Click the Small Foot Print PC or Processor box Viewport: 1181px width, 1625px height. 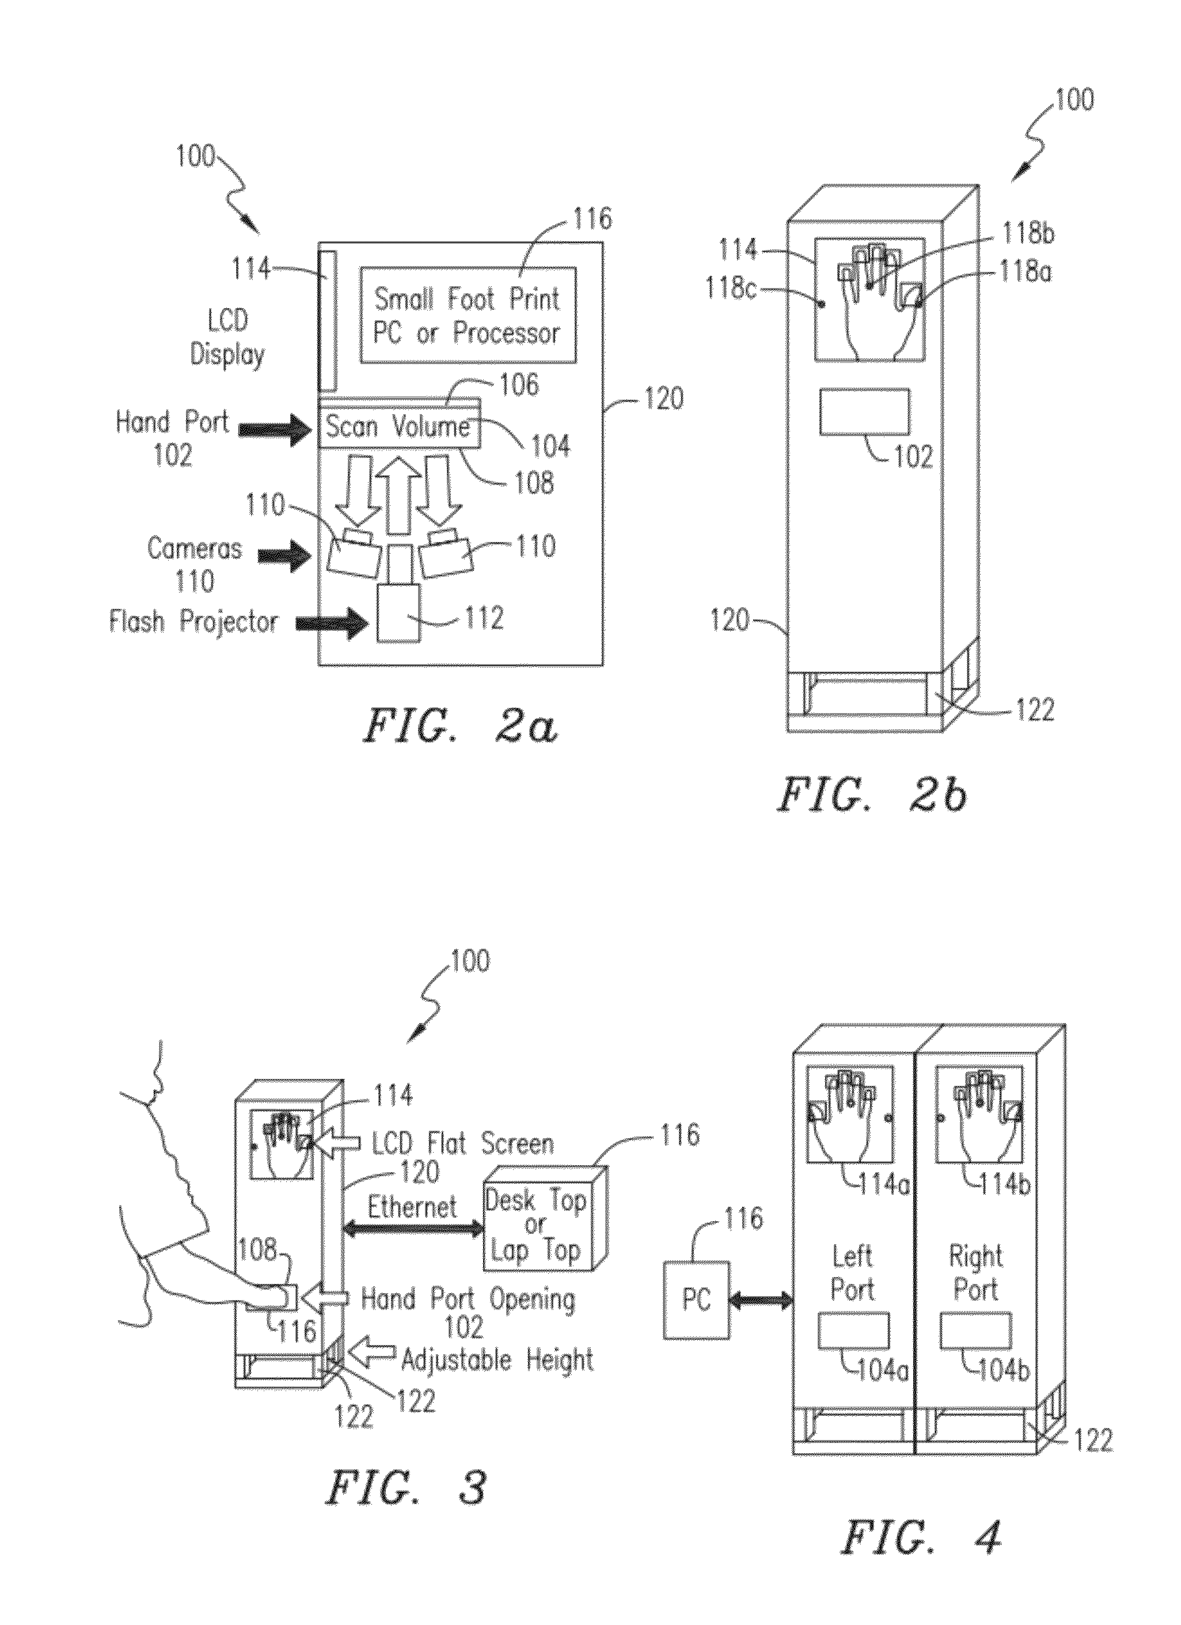468,315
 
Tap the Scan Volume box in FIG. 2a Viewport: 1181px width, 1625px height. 399,427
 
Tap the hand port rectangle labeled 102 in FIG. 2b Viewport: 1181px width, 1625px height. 864,412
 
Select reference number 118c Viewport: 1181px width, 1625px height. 731,290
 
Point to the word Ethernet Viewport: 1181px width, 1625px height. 412,1207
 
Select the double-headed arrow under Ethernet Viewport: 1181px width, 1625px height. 413,1228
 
